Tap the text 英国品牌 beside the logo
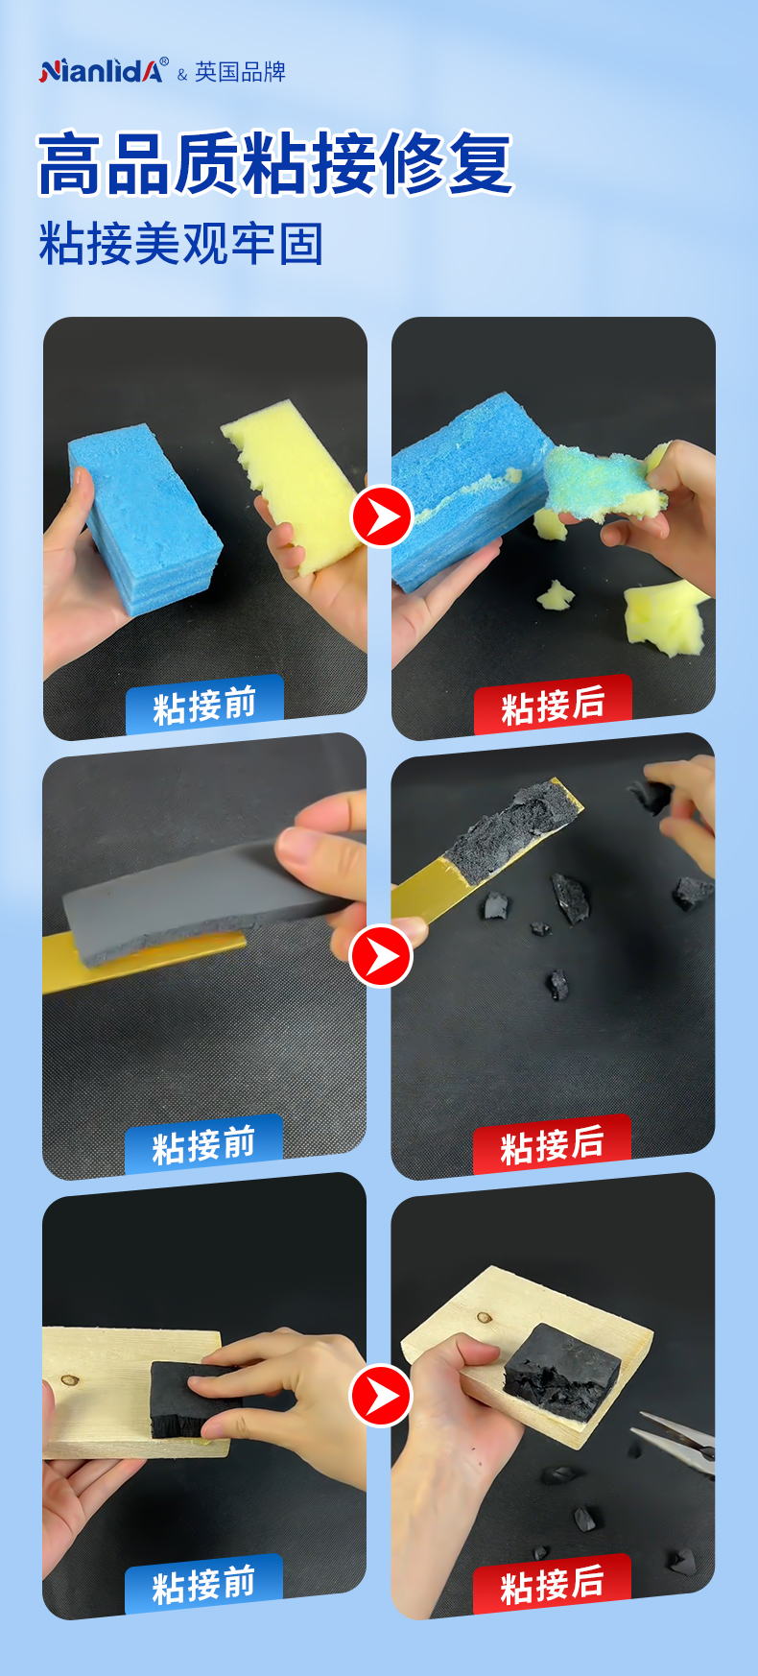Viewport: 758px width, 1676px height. coord(240,72)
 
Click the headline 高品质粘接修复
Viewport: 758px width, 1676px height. coord(275,163)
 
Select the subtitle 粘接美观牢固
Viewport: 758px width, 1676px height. coord(180,243)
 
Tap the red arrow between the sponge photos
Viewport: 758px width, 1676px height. coord(381,517)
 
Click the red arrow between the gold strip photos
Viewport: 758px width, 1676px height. coord(381,956)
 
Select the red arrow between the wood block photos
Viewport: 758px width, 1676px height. coord(381,1396)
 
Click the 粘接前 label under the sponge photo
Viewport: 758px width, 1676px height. coord(204,706)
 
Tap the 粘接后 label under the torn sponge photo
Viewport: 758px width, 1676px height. coord(553,706)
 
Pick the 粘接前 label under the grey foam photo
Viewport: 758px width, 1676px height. coord(204,1145)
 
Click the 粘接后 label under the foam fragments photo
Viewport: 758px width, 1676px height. coord(553,1145)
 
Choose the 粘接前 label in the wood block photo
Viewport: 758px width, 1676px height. coord(204,1585)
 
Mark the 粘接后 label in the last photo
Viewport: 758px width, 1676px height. coord(553,1585)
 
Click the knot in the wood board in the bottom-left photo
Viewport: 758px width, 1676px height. coord(68,1381)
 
